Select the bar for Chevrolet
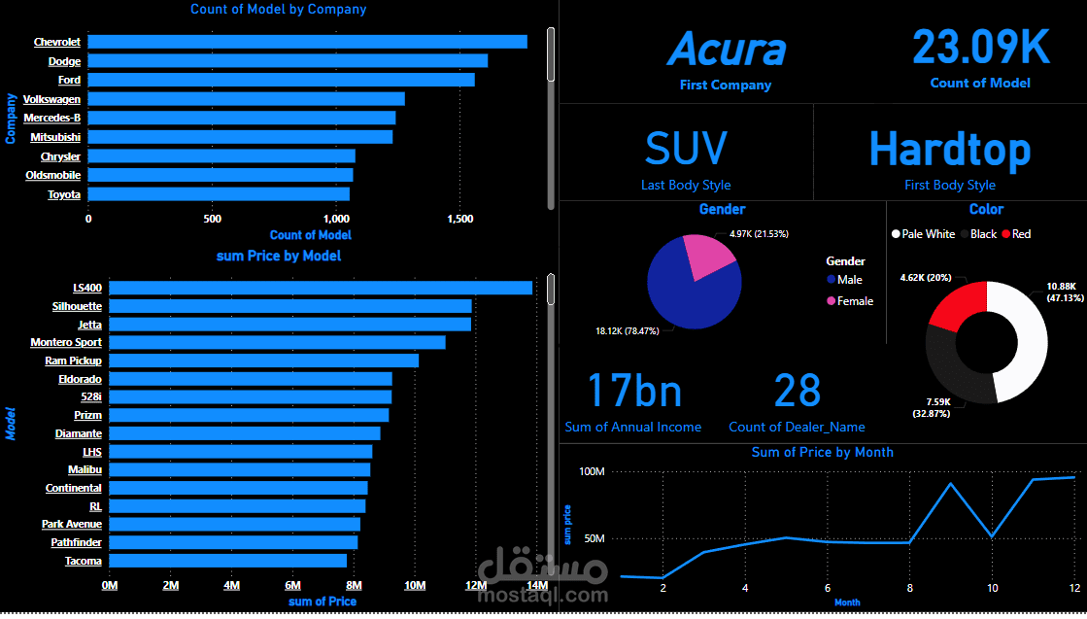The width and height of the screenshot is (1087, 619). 307,42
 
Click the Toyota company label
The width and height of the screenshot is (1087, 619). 64,194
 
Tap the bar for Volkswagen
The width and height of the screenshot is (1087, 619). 247,99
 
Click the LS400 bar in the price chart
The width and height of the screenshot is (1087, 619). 321,288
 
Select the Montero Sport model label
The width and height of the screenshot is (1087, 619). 66,342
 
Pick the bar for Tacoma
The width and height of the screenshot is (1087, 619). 227,561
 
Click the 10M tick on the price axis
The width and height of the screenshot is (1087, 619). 415,585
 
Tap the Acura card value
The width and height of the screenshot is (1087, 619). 726,49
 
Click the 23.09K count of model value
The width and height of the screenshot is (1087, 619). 980,47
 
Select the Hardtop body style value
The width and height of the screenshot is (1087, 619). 949,149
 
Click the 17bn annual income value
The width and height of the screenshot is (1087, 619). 633,391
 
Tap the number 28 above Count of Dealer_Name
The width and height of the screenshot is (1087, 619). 798,391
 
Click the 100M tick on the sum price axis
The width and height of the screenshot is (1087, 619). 593,472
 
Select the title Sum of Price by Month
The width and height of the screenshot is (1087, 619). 822,452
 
